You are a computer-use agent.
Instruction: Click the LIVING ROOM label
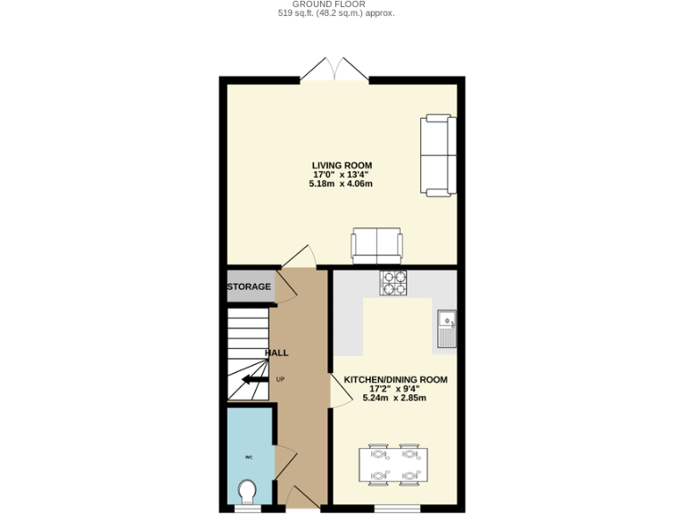[x=342, y=165]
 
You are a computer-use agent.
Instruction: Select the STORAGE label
[x=249, y=287]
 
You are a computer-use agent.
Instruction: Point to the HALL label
[x=276, y=353]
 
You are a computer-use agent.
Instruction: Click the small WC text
[x=249, y=457]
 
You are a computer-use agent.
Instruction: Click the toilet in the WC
[x=248, y=491]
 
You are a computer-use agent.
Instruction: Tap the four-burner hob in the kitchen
[x=393, y=282]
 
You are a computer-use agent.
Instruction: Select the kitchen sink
[x=446, y=329]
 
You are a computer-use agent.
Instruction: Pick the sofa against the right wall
[x=438, y=154]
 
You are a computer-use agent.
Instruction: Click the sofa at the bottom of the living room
[x=376, y=245]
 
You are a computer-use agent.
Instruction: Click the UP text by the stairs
[x=280, y=379]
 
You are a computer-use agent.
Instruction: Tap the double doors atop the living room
[x=334, y=70]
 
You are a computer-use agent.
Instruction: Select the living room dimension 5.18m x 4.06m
[x=341, y=184]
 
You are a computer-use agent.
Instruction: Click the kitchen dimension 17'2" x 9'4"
[x=394, y=389]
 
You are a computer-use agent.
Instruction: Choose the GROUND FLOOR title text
[x=335, y=4]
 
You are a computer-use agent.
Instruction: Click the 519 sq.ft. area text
[x=335, y=14]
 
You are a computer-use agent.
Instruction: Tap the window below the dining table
[x=396, y=509]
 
